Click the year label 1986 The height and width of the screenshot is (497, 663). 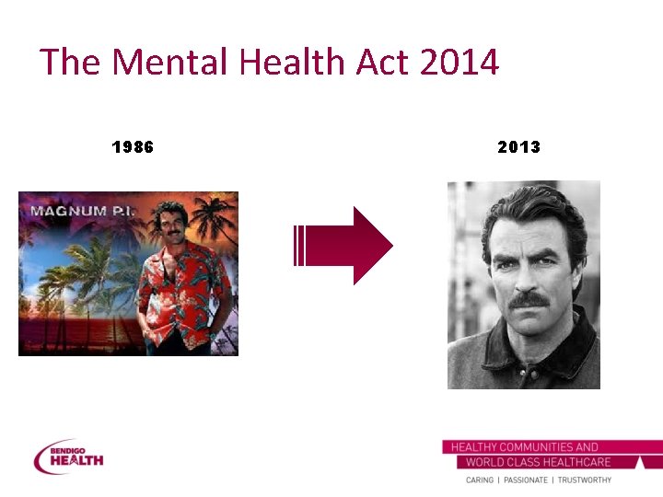[x=133, y=147]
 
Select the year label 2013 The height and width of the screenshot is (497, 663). [x=518, y=147]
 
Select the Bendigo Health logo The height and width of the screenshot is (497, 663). [x=68, y=456]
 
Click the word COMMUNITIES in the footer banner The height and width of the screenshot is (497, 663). [x=534, y=447]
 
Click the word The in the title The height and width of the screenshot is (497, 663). [x=70, y=63]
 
